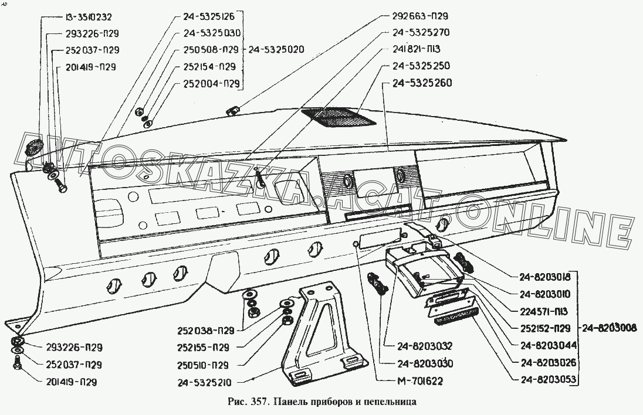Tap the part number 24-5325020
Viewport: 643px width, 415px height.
click(276, 49)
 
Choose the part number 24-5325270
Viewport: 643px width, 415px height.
click(421, 33)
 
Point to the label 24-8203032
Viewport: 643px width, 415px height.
click(419, 346)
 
